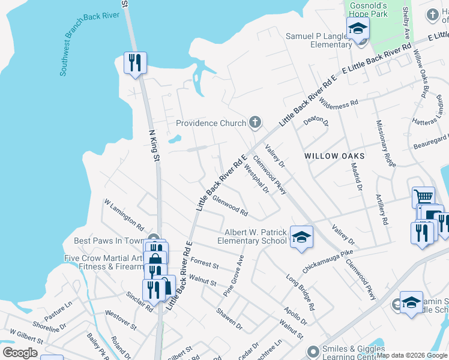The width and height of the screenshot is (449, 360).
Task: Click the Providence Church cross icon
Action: pos(255,123)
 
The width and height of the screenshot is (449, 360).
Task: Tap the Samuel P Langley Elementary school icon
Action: pos(358,28)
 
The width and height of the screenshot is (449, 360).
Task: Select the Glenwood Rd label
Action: pos(230,207)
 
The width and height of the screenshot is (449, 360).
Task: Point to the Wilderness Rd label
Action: pos(339,103)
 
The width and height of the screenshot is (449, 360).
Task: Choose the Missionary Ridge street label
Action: pos(386,145)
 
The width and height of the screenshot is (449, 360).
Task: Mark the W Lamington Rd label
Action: pos(124,215)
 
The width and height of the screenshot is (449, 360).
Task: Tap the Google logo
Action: pos(20,353)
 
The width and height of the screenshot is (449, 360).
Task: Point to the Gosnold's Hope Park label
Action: pos(368,9)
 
